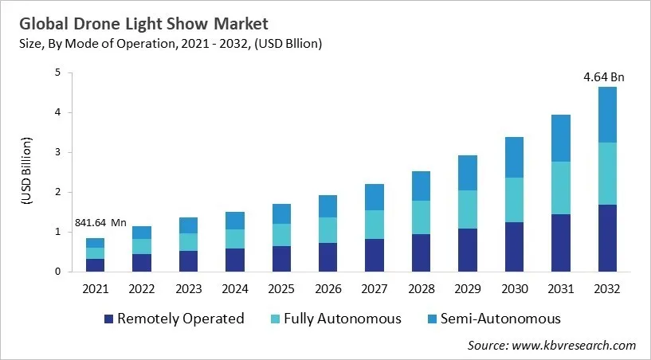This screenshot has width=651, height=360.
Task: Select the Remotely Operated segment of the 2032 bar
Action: click(606, 238)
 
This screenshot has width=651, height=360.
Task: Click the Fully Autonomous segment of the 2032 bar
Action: click(606, 174)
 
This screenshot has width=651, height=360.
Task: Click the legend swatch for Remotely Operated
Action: click(108, 319)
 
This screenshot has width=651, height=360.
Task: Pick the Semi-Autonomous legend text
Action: click(502, 319)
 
